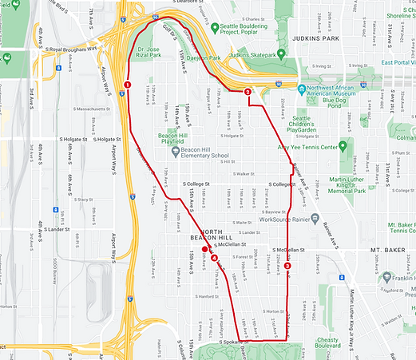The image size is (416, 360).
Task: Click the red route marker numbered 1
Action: point(128,85)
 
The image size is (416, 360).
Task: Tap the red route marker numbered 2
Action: point(248,93)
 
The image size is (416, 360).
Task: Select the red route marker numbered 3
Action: point(287,266)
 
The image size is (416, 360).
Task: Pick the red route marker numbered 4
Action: point(213,257)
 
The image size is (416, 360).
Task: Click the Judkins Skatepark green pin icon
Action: point(224,55)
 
